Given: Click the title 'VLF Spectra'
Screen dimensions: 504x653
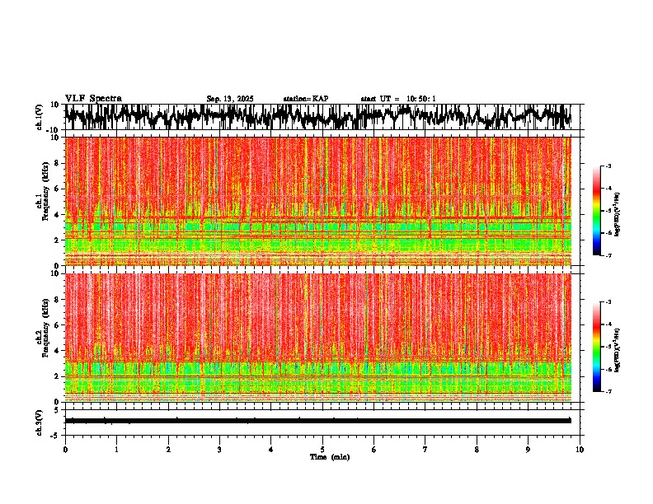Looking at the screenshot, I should pos(93,99).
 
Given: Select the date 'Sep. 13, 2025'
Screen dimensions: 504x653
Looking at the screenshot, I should pos(230,99).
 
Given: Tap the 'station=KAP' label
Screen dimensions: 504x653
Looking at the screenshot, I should pos(305,99).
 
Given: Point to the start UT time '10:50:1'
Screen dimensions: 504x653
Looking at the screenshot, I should pos(420,99).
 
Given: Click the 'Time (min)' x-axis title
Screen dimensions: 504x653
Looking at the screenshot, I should pos(329,457).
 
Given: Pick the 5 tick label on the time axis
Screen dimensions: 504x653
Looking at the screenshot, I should pos(322,450).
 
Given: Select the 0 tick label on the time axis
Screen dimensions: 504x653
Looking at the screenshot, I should pos(65,450).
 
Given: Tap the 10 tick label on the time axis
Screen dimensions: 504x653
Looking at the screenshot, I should pos(580,450).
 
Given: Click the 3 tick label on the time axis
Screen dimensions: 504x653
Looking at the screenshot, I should pos(219,450).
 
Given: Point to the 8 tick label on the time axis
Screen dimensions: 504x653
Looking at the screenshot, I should pos(477,450).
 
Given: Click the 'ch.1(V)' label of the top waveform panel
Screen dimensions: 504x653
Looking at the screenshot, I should pos(40,117).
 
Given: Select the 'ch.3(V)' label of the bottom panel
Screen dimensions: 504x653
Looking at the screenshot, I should pos(40,421).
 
